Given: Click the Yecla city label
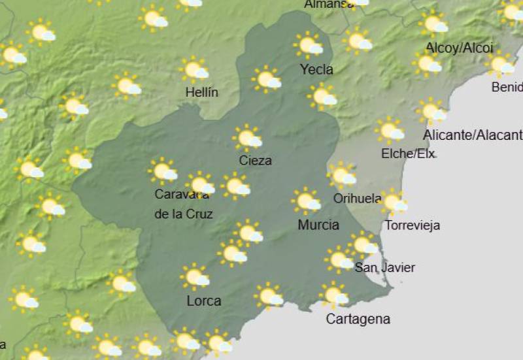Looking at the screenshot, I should pyautogui.click(x=316, y=69).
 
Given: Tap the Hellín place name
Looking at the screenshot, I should pyautogui.click(x=201, y=92).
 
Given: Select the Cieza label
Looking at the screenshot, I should pyautogui.click(x=255, y=160).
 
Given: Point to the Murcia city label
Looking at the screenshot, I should pyautogui.click(x=318, y=225).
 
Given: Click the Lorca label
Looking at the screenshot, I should pyautogui.click(x=203, y=301).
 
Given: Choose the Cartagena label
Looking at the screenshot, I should pyautogui.click(x=358, y=319).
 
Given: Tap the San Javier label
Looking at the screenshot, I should pyautogui.click(x=384, y=267).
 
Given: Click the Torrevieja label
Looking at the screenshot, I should pyautogui.click(x=412, y=225).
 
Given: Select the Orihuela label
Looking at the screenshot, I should pyautogui.click(x=357, y=198).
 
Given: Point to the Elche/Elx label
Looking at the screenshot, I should pyautogui.click(x=408, y=154).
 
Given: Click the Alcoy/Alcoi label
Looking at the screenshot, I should pyautogui.click(x=459, y=47).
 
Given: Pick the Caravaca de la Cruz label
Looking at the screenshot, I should pyautogui.click(x=183, y=204).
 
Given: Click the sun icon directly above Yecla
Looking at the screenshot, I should pyautogui.click(x=309, y=45).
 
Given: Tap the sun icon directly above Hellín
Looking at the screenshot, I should pyautogui.click(x=194, y=69).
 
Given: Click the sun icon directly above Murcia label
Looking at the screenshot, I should pyautogui.click(x=306, y=201).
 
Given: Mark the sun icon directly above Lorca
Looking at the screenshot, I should pyautogui.click(x=195, y=277).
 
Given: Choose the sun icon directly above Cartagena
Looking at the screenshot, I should pyautogui.click(x=333, y=295).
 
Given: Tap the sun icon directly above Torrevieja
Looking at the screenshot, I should pyautogui.click(x=393, y=202).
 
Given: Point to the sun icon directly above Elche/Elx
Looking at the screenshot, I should pyautogui.click(x=390, y=131).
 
